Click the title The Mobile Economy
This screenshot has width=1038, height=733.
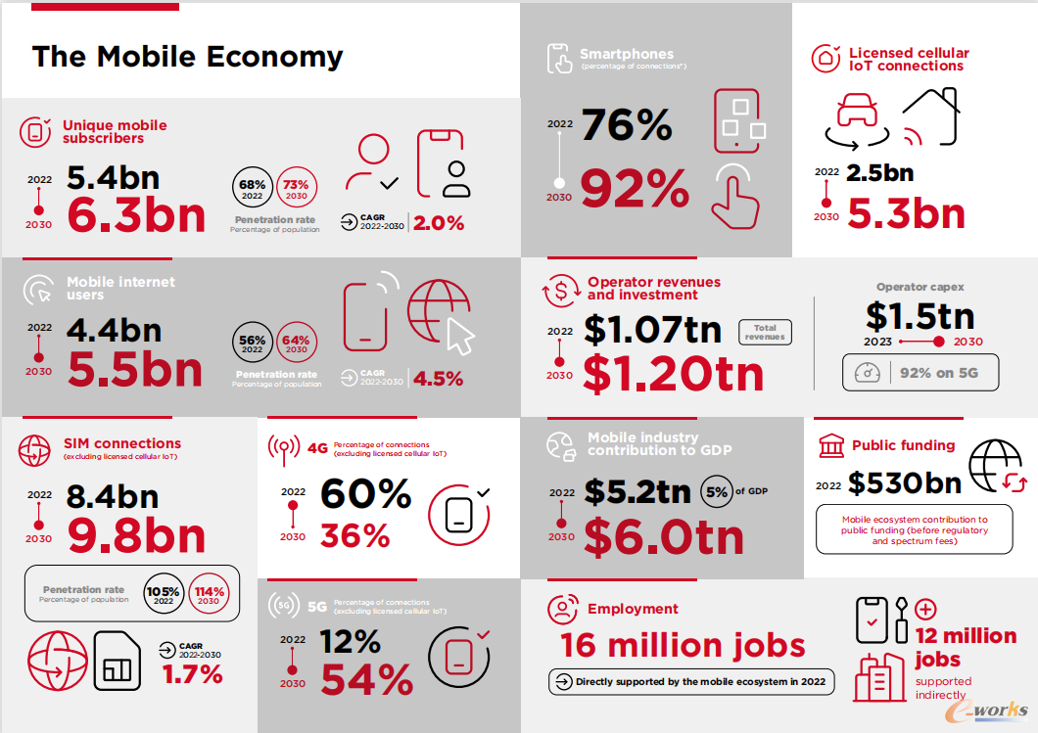187,57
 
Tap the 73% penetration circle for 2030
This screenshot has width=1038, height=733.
296,189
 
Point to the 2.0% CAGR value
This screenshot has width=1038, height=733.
438,223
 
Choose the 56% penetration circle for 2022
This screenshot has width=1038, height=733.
252,344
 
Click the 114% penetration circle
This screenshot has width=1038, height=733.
209,595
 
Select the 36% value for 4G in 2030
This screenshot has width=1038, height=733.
354,535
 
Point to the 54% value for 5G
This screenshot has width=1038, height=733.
366,679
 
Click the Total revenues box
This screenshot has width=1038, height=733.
765,333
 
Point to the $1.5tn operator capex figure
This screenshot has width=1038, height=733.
920,315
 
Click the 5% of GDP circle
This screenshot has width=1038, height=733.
716,492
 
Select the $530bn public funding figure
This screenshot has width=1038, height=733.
904,482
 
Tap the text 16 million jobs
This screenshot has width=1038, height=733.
683,646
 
